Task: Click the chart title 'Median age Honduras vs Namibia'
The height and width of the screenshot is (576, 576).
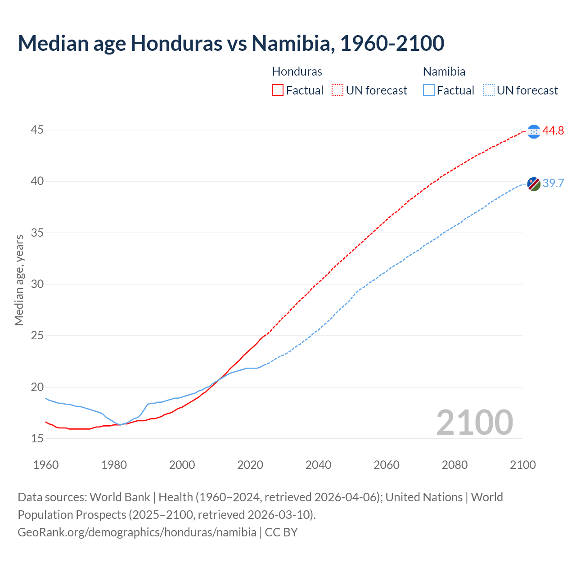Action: click(231, 43)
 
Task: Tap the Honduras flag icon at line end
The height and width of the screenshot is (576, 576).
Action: click(534, 131)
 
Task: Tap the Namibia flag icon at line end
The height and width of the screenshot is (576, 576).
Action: click(534, 184)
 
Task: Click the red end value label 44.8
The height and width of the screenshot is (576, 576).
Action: click(553, 131)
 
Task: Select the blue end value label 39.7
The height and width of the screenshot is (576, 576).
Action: click(553, 183)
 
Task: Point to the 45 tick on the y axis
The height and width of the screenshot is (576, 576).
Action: click(37, 130)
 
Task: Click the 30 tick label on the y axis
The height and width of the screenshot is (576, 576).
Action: click(37, 284)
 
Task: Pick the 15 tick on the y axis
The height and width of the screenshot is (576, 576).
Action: click(37, 438)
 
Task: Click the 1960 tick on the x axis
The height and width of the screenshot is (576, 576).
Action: click(46, 465)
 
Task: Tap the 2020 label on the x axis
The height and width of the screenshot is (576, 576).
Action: click(250, 465)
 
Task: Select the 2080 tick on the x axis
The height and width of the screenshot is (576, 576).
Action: click(454, 465)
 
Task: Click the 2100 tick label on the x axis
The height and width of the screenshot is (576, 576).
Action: click(522, 465)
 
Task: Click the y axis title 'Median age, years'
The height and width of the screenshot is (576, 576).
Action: click(19, 280)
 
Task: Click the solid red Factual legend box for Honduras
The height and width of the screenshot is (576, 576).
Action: click(278, 90)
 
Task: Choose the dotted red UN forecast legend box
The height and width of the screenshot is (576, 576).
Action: click(337, 90)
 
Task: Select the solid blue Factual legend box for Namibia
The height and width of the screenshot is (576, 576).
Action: click(429, 90)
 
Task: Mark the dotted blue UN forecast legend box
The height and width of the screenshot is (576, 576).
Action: click(489, 90)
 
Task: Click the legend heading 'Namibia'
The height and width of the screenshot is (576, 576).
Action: click(444, 72)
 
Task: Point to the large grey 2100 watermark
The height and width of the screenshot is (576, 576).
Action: click(474, 422)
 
